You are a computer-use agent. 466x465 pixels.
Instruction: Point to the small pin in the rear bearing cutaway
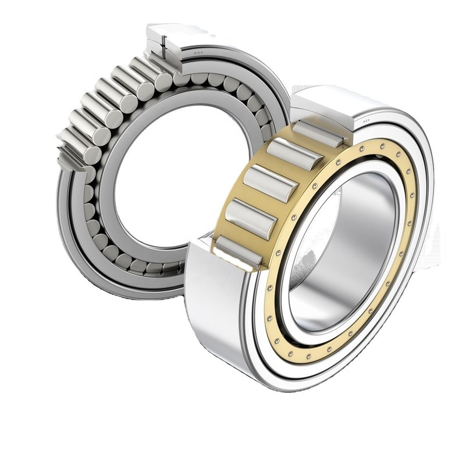166,42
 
